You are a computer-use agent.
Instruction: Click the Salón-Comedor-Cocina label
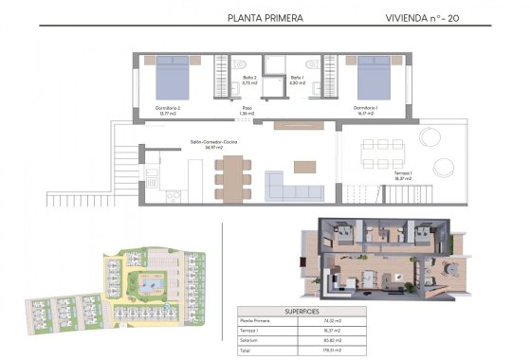pyautogui.click(x=213, y=144)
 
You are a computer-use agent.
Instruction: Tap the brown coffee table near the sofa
pyautogui.click(x=305, y=167)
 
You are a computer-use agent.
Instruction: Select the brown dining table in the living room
pyautogui.click(x=231, y=173)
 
